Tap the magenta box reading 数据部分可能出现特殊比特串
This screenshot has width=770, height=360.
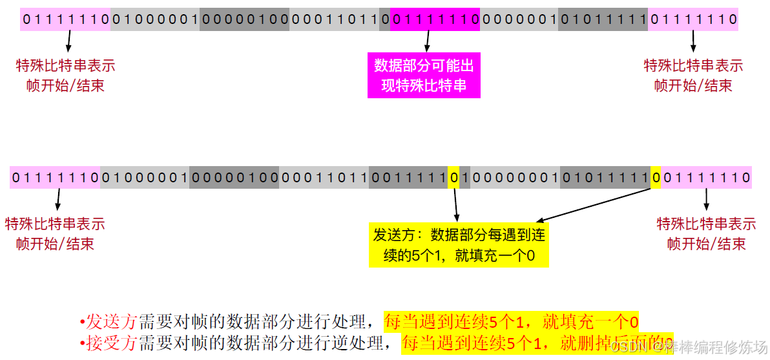coord(424,75)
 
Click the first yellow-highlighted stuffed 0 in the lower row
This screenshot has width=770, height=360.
coord(454,177)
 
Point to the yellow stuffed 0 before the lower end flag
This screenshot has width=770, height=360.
coord(656,177)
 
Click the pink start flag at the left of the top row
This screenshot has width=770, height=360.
coord(65,19)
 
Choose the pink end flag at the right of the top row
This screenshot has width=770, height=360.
coord(693,19)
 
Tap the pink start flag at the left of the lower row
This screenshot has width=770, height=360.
coord(55,177)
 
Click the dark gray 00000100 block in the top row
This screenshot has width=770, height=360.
coord(245,19)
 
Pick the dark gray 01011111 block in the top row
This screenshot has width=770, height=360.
coord(603,19)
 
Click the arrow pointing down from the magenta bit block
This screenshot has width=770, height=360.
coord(426,40)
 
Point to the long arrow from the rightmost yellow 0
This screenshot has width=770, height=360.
coord(594,205)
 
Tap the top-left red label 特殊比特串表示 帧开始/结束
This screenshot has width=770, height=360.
coord(65,75)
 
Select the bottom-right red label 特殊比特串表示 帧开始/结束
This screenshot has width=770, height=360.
coord(706,233)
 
